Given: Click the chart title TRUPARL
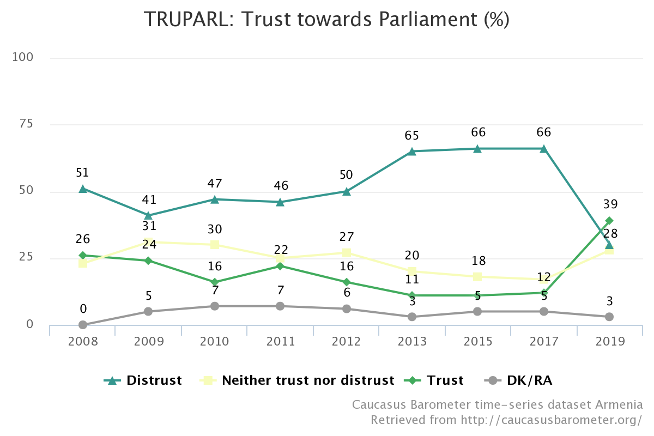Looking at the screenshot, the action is coord(189,19).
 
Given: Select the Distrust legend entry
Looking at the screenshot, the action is coord(143,380).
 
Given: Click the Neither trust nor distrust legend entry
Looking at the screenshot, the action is coord(297,380).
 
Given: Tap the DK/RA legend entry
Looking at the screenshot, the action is coord(518,380).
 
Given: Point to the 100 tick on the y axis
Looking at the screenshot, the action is coord(22,57).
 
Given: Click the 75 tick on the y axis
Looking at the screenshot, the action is coord(26,124).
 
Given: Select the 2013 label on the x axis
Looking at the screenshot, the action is coord(412,341).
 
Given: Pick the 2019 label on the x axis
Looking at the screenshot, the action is coord(610,341).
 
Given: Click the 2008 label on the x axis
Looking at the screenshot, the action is coord(83,341).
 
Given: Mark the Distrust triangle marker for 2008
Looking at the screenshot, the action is coord(83,189).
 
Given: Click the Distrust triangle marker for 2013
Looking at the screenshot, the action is coord(412,152).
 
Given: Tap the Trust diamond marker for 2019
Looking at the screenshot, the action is coord(609,221).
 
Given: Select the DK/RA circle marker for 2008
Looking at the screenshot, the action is coord(83,325).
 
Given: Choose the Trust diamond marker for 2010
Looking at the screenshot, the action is coord(215,282).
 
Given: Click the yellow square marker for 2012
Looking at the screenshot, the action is coord(347,252).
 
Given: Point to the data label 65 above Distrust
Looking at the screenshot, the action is coord(411,136).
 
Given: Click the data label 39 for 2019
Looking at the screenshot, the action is coord(610,204).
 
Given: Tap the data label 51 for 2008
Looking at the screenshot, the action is coord(82,173).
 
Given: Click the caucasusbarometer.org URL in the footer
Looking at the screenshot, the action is coord(551,420).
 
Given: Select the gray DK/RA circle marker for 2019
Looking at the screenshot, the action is coord(609,317).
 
